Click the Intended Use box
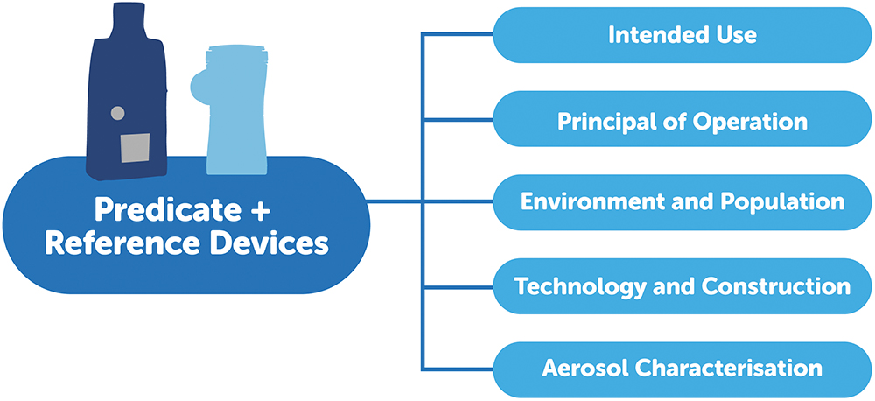682,35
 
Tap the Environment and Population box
682,202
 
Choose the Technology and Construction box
682,286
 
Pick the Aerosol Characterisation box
682,369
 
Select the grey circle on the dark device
116,113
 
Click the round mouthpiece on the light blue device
200,87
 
